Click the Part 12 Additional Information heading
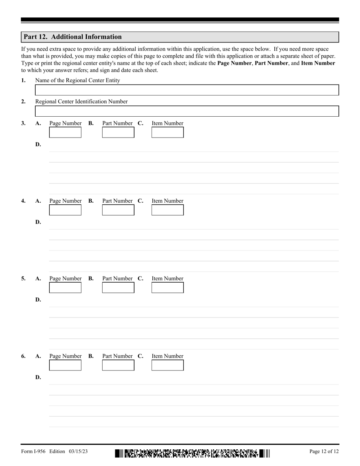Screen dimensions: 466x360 point(73,37)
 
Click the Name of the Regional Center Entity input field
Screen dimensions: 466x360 point(186,90)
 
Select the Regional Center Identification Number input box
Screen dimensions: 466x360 point(186,111)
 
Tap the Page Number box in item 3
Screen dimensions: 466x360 point(65,132)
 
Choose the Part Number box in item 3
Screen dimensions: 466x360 point(118,132)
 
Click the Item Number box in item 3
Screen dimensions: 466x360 point(167,132)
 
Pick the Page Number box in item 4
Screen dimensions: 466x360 point(65,210)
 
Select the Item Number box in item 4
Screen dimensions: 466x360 point(167,210)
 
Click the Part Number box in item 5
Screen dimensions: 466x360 point(118,288)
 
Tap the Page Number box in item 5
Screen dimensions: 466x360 point(65,288)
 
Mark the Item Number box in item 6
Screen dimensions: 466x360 point(167,365)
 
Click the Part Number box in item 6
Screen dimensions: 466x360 point(118,365)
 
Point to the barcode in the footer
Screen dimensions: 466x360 point(192,453)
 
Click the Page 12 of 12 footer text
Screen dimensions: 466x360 point(324,451)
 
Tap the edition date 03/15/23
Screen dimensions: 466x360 point(78,451)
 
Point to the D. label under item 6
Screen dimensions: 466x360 point(38,377)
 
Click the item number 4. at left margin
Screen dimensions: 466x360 point(23,201)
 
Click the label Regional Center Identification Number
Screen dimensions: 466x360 point(81,102)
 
